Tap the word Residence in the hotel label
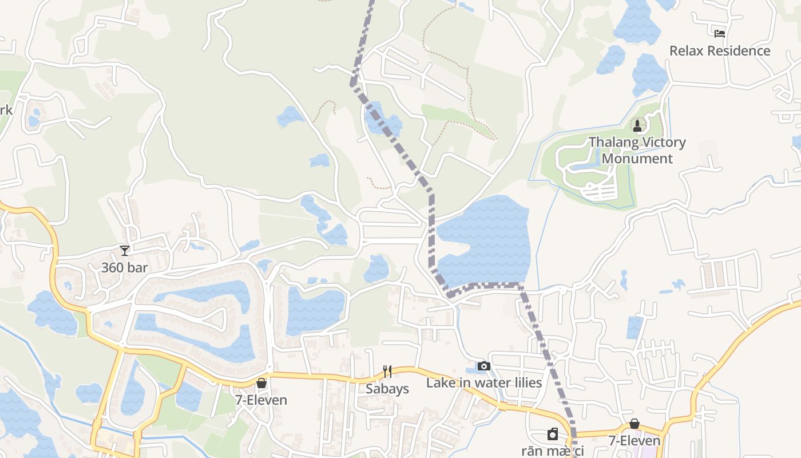(739, 51)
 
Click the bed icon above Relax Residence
(720, 33)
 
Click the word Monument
(637, 159)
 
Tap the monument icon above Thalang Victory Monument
(637, 125)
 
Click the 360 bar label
(125, 267)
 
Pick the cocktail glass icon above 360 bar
(125, 250)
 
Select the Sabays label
(387, 389)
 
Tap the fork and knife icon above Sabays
(387, 372)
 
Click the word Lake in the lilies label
(438, 382)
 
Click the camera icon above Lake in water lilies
(484, 366)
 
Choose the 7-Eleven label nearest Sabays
(261, 400)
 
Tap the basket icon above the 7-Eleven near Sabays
(261, 382)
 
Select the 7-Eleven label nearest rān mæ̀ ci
(634, 441)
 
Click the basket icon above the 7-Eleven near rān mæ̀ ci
(635, 424)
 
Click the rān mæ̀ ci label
(553, 451)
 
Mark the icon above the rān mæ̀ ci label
(553, 435)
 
